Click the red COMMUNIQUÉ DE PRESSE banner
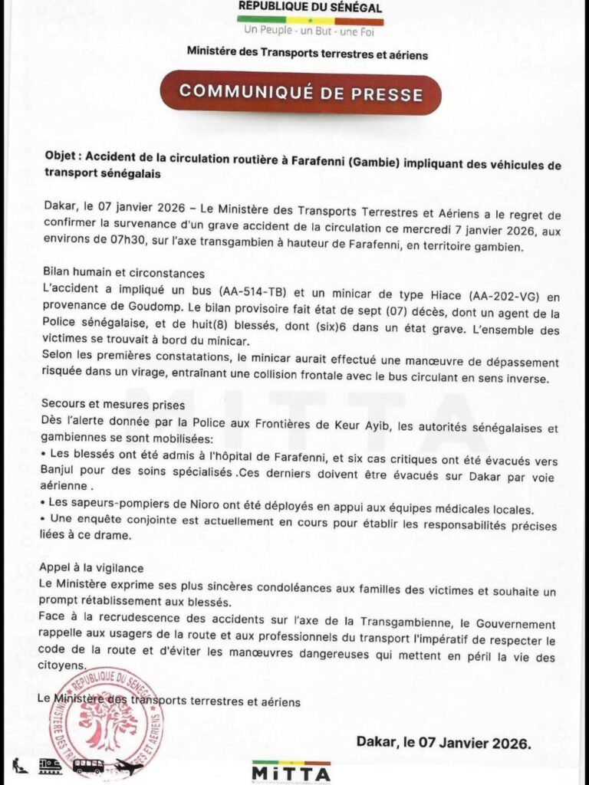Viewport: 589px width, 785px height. pos(301,93)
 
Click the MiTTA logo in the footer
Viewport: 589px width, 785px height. pos(292,770)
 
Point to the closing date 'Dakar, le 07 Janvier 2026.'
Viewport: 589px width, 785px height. pos(443,743)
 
